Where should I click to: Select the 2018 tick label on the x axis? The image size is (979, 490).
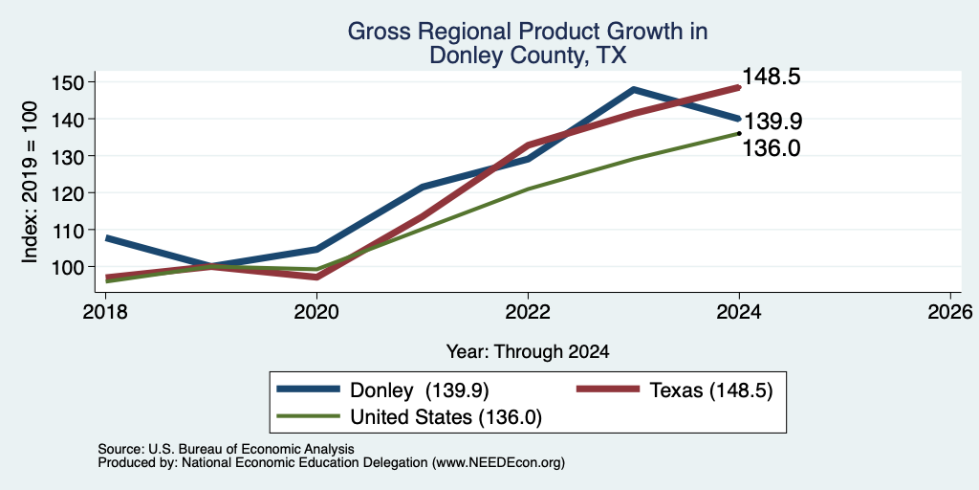tap(106, 311)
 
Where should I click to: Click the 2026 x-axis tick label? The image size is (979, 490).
tap(950, 311)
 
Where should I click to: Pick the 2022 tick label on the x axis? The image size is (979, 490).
tap(528, 311)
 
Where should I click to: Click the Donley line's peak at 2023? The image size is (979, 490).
tap(634, 89)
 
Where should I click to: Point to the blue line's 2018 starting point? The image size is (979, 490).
tap(107, 238)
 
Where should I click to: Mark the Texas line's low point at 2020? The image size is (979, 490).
tap(317, 277)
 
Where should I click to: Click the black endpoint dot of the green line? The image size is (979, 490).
tap(739, 133)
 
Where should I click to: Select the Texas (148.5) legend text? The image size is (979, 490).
tap(711, 390)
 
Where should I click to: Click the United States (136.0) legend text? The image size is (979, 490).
tap(446, 417)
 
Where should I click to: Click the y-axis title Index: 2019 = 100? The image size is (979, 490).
tap(30, 182)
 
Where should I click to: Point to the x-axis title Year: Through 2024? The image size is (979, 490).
tap(528, 352)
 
